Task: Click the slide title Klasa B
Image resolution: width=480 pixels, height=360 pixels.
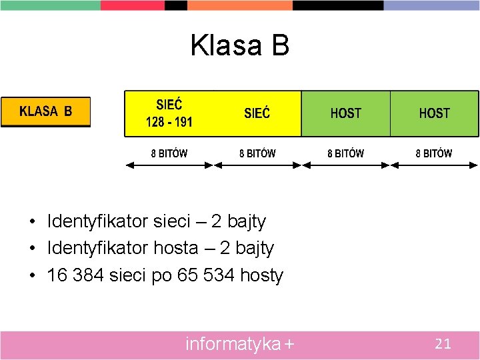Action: pos(239,45)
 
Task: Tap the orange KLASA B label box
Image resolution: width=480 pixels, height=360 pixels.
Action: pos(45,111)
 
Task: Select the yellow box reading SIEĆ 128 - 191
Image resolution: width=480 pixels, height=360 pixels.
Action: pos(169,113)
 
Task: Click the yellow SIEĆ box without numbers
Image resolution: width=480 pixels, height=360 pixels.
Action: pos(257,113)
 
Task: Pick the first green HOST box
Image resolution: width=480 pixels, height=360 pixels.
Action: pos(345,113)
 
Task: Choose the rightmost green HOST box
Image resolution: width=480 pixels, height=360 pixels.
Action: pos(434,113)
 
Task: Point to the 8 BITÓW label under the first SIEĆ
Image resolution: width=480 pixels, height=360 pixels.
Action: pos(169,153)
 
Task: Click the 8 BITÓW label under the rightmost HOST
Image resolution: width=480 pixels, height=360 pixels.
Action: pos(434,153)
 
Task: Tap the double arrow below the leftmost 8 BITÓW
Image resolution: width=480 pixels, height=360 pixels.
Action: pos(169,165)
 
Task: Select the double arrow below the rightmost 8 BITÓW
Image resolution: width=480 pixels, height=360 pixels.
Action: pos(434,165)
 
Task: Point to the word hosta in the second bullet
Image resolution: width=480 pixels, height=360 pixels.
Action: pos(176,248)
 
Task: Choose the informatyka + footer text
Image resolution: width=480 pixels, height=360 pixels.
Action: pos(239,344)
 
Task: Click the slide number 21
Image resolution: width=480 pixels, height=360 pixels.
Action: pos(443,344)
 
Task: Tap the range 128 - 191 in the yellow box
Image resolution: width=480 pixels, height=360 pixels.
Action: pos(169,122)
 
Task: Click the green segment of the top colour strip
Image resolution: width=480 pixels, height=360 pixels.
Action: pos(50,5)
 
